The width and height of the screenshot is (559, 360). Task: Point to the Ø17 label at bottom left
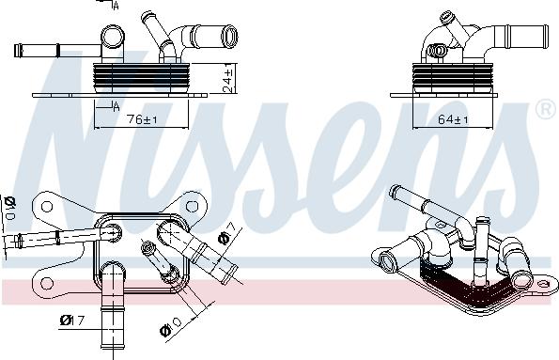click(x=71, y=321)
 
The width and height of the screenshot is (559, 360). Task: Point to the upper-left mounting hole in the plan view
click(x=42, y=205)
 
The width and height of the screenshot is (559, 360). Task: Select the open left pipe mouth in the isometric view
click(x=385, y=254)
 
